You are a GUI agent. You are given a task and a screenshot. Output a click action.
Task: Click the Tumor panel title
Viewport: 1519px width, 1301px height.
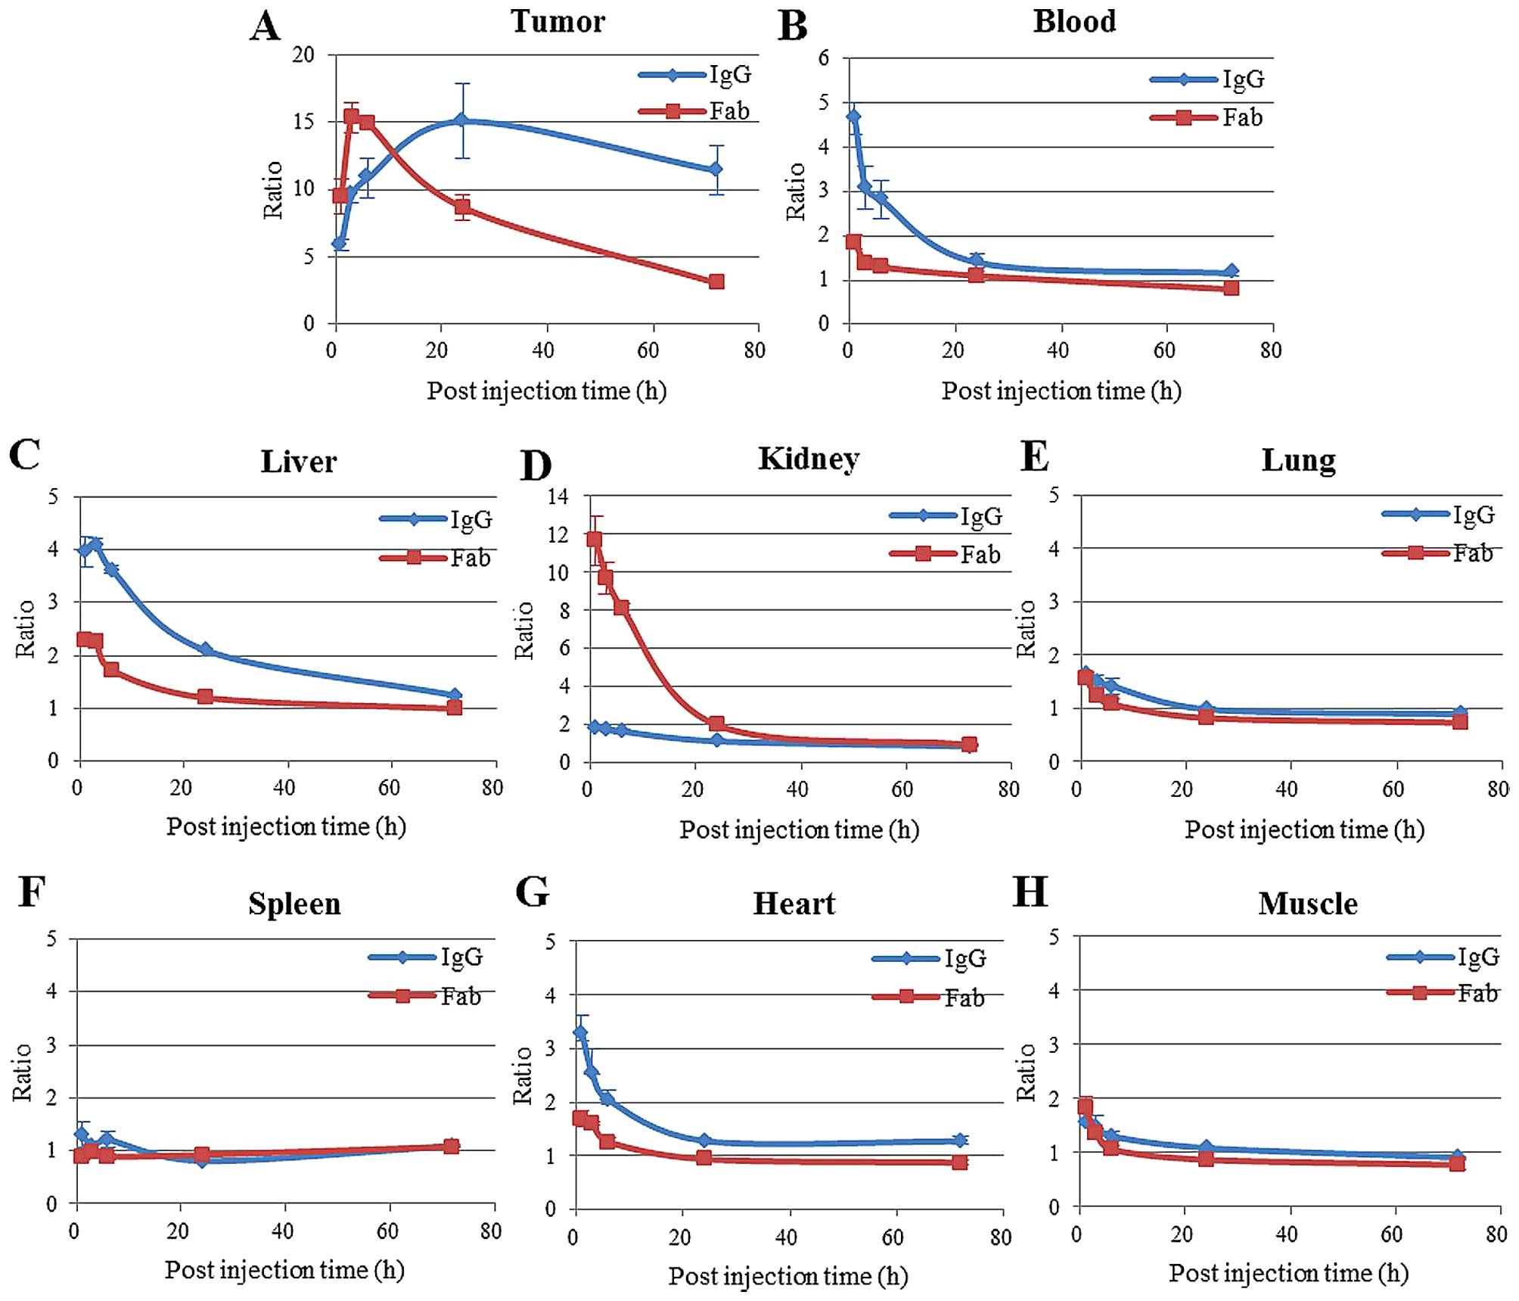click(x=558, y=21)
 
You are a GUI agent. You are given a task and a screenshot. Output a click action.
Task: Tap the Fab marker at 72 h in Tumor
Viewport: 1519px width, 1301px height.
click(x=716, y=282)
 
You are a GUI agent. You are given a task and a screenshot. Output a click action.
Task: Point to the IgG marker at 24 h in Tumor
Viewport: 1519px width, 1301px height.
click(x=461, y=121)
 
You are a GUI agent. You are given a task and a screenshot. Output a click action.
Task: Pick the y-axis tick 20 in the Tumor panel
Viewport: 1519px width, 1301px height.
click(x=303, y=54)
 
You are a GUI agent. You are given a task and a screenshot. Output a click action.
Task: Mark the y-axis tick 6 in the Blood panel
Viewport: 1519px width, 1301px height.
click(x=824, y=58)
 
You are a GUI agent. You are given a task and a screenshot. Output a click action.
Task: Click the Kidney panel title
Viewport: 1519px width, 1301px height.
click(x=809, y=459)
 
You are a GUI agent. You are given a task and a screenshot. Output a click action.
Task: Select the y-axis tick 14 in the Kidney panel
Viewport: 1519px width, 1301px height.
click(x=558, y=496)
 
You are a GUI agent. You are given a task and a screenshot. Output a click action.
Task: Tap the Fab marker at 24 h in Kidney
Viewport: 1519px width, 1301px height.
click(x=716, y=724)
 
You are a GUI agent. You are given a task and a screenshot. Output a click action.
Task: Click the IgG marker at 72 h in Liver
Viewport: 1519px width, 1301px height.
click(x=454, y=696)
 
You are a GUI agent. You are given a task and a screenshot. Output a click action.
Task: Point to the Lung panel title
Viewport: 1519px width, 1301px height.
click(x=1298, y=460)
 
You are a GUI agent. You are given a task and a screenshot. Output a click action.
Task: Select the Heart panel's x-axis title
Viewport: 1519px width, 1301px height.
click(x=788, y=1276)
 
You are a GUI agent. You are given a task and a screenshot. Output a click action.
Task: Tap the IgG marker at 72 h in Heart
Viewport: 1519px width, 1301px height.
click(x=959, y=1140)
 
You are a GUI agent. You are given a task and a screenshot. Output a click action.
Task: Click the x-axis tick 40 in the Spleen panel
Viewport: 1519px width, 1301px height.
click(x=282, y=1231)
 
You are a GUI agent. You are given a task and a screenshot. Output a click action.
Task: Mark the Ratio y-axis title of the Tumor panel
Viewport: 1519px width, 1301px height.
click(x=273, y=190)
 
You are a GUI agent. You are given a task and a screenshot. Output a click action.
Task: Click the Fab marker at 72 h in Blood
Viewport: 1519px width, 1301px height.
click(x=1231, y=288)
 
